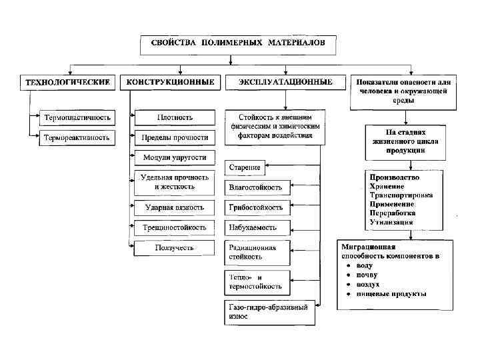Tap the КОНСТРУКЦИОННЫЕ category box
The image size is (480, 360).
pos(171,82)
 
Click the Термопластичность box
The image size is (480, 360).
pos(77,117)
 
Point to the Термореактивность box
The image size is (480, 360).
pos(77,137)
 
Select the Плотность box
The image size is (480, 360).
pos(175,117)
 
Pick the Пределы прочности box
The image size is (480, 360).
pos(175,137)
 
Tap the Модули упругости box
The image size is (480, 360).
pos(175,158)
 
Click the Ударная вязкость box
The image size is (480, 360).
pos(175,207)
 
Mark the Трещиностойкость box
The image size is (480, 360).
pos(175,227)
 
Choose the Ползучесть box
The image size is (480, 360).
pos(175,248)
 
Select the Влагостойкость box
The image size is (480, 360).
pos(256,187)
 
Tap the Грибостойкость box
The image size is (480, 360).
pos(256,207)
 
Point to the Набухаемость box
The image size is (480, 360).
pos(256,227)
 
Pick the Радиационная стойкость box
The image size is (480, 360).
pos(256,251)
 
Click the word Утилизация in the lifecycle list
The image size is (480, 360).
pos(392,222)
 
